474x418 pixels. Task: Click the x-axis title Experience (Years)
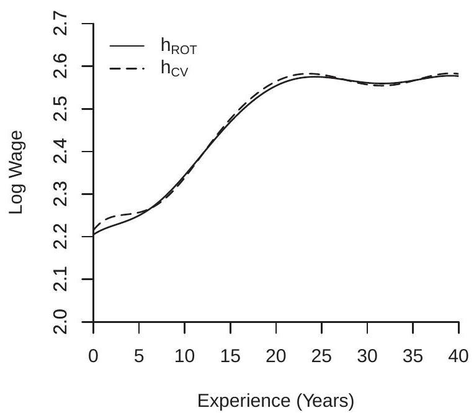point(276,401)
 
